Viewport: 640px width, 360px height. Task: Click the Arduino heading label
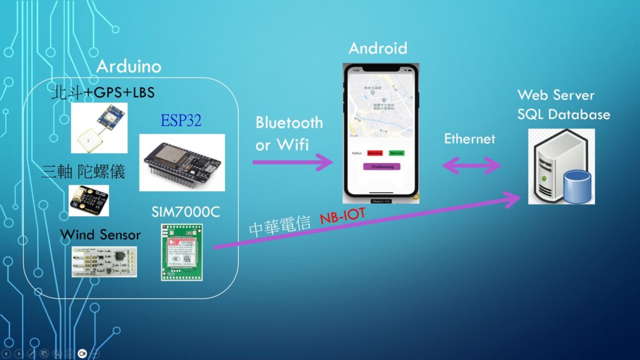click(x=128, y=66)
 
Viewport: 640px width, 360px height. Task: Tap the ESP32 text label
click(x=181, y=121)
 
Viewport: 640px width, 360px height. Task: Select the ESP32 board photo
click(x=182, y=162)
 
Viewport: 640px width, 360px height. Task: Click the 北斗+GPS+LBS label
click(x=102, y=93)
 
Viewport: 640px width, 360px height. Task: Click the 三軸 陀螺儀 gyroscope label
click(x=83, y=172)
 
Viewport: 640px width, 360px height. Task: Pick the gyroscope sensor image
click(x=88, y=200)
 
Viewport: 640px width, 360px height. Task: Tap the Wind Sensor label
click(x=100, y=234)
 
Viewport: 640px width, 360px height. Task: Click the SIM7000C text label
click(x=185, y=212)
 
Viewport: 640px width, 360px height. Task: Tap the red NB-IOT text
click(x=343, y=216)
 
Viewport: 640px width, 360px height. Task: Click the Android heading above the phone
click(x=377, y=48)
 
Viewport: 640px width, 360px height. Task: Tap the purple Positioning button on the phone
click(x=382, y=167)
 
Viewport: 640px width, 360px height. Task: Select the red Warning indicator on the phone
click(x=375, y=153)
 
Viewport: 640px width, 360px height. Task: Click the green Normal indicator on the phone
click(x=396, y=153)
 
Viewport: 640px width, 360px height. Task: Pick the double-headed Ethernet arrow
click(x=472, y=166)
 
